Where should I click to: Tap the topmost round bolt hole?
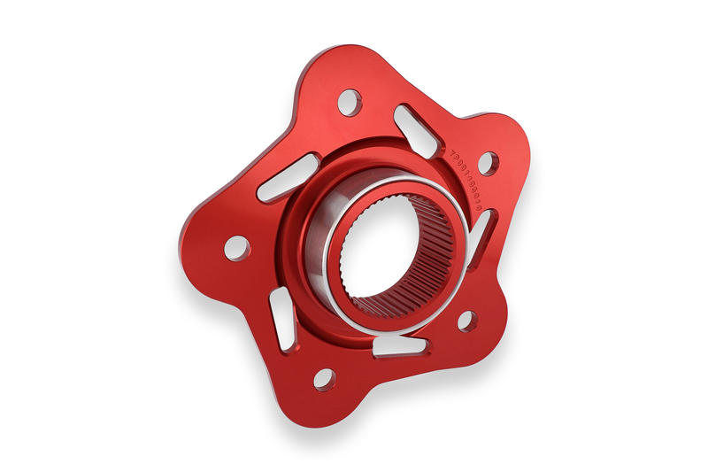click(x=350, y=102)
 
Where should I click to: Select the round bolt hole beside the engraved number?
click(x=488, y=163)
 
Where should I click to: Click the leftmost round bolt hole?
click(x=236, y=247)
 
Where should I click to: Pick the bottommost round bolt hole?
click(x=325, y=379)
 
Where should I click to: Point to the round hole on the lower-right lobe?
click(x=467, y=321)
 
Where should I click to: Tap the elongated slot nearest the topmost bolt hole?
click(x=415, y=130)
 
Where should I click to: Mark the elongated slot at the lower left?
click(x=282, y=319)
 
